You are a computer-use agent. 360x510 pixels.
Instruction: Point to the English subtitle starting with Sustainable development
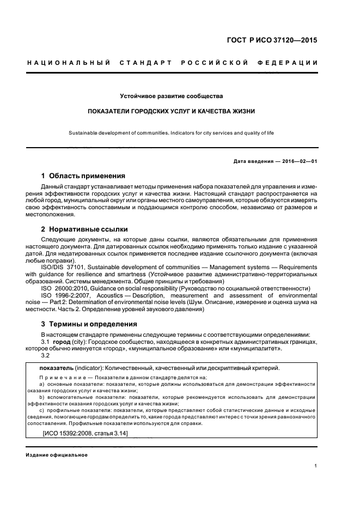pyautogui.click(x=180, y=132)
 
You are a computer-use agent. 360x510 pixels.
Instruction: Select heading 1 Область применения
pyautogui.click(x=84, y=176)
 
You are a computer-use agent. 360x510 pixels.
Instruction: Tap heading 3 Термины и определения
pyautogui.click(x=89, y=324)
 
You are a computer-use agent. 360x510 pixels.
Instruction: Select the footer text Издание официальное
pyautogui.click(x=57, y=454)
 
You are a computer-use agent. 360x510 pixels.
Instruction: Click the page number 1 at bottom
pyautogui.click(x=316, y=466)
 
